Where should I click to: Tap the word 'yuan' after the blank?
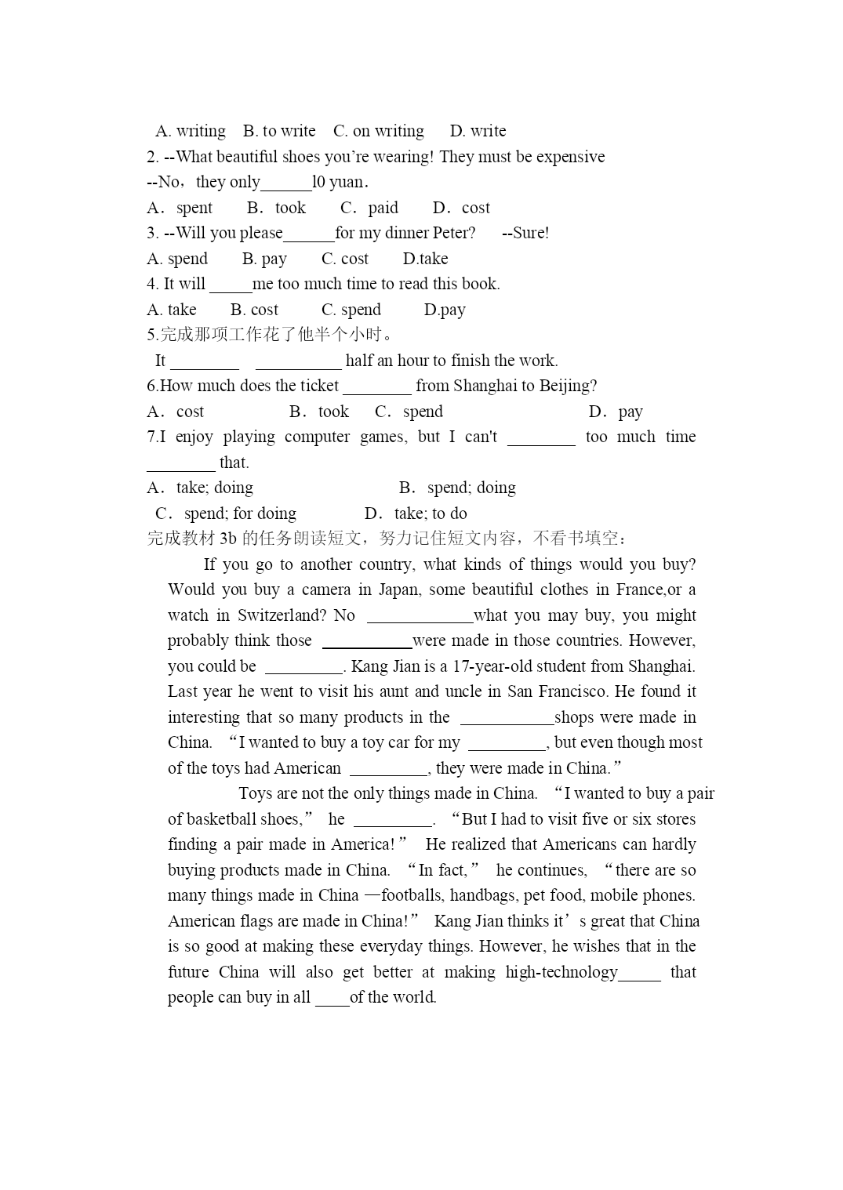coord(346,183)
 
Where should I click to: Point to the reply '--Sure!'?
coord(525,233)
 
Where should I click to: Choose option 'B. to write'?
coord(279,131)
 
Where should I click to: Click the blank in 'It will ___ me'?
coord(231,285)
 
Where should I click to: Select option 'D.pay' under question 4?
coord(445,310)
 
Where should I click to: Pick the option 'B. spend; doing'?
coord(457,488)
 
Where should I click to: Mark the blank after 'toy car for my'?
coord(507,743)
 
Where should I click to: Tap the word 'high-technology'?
coord(561,972)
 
